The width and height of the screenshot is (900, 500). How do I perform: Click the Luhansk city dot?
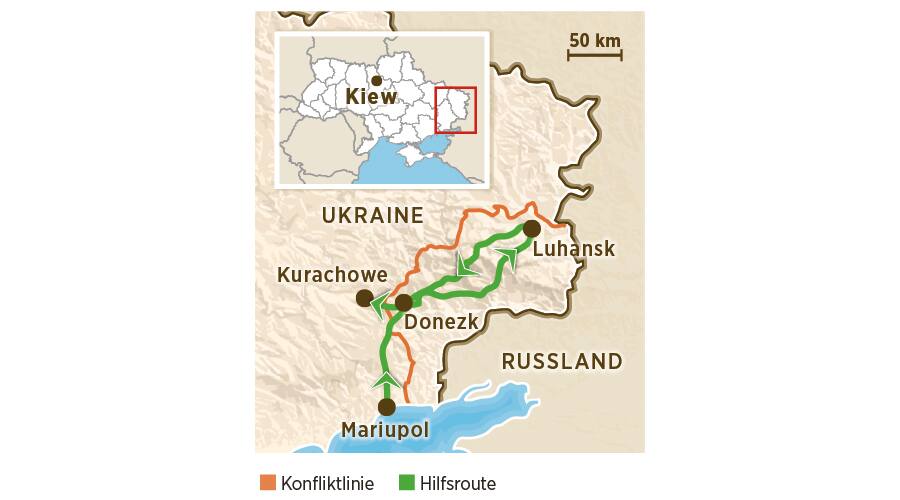pos(532,229)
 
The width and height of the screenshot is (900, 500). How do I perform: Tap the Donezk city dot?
pos(403,302)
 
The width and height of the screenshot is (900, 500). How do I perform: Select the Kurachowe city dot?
pos(364,298)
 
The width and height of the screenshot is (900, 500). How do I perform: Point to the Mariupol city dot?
pos(386,407)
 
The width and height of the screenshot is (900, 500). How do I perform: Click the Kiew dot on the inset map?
pos(376,81)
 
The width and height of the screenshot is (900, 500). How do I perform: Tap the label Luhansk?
pos(573,249)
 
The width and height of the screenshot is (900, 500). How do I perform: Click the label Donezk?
pos(441,322)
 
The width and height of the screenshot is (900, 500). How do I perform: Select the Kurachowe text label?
pos(331,274)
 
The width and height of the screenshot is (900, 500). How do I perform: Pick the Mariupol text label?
pos(385,430)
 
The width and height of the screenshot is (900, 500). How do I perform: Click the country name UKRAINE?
pos(373,215)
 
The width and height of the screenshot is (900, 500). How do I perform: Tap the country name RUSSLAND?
pos(562,361)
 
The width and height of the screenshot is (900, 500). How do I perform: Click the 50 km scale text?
pos(595,40)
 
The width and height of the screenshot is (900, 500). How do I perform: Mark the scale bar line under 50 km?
pos(595,55)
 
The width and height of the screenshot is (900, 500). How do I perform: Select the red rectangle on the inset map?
pos(456,110)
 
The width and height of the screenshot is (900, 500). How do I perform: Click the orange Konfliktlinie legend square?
pos(267,483)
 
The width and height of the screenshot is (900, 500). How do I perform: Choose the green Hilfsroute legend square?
pos(406,483)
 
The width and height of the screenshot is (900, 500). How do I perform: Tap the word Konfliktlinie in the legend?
pos(327,484)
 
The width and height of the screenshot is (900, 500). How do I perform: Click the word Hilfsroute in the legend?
pos(458,484)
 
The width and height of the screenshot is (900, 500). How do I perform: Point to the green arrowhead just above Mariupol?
pos(386,379)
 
